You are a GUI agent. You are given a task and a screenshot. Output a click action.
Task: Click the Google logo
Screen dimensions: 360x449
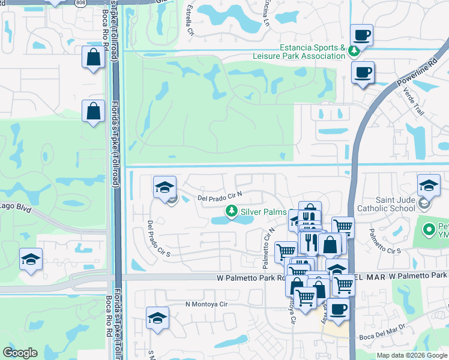pyautogui.click(x=20, y=353)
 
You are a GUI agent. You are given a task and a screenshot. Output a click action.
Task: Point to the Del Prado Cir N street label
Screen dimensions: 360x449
pyautogui.click(x=219, y=196)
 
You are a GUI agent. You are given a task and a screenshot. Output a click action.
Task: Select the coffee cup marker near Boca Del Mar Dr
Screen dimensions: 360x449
pyautogui.click(x=337, y=310)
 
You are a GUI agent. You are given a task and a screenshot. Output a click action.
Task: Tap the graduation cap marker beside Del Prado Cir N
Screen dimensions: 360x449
pyautogui.click(x=164, y=188)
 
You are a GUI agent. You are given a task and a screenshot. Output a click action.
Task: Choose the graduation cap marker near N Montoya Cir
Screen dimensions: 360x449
pyautogui.click(x=157, y=318)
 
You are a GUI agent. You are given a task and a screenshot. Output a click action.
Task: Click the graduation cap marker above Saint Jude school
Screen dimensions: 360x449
pyautogui.click(x=429, y=184)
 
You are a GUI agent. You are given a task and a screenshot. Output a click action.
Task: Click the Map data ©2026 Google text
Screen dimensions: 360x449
pyautogui.click(x=412, y=355)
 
